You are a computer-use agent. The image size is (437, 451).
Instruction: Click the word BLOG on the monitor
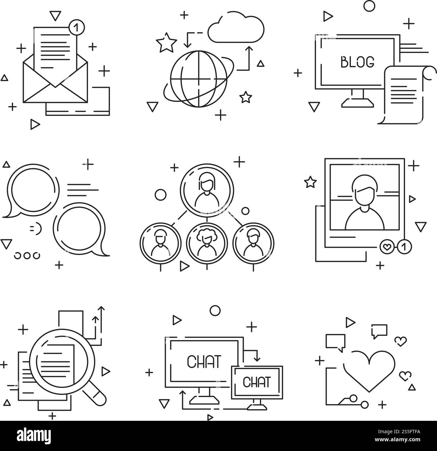[x=357, y=62]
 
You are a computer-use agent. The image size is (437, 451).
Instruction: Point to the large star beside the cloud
[x=166, y=44]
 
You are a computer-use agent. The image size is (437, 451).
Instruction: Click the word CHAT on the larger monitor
[x=204, y=362]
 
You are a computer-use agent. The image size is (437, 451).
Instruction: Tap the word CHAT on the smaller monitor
[x=257, y=382]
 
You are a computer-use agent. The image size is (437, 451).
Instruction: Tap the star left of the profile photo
[x=310, y=183]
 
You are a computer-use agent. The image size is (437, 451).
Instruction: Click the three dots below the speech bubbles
[x=27, y=255]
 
